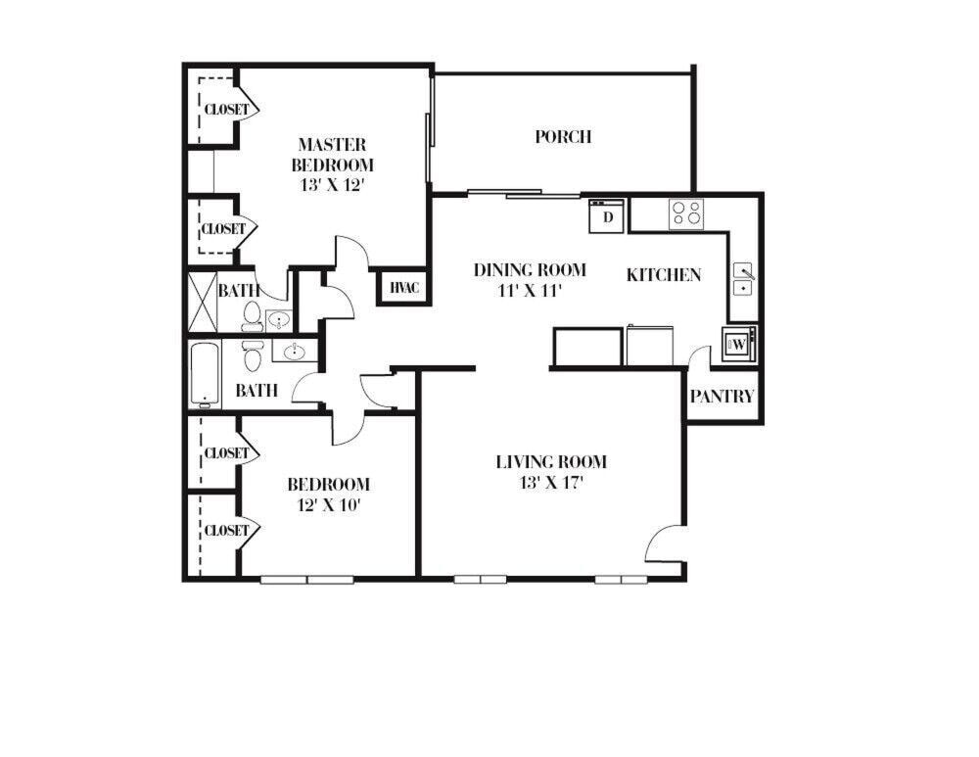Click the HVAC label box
point(403,287)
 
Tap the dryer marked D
point(607,215)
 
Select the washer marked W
point(738,345)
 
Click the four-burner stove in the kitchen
point(686,213)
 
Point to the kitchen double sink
point(744,279)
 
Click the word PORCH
point(563,137)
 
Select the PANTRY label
point(723,397)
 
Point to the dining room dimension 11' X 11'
point(530,290)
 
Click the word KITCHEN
point(664,275)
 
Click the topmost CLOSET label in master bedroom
point(226,110)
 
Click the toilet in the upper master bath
point(252,316)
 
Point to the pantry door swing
point(699,358)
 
